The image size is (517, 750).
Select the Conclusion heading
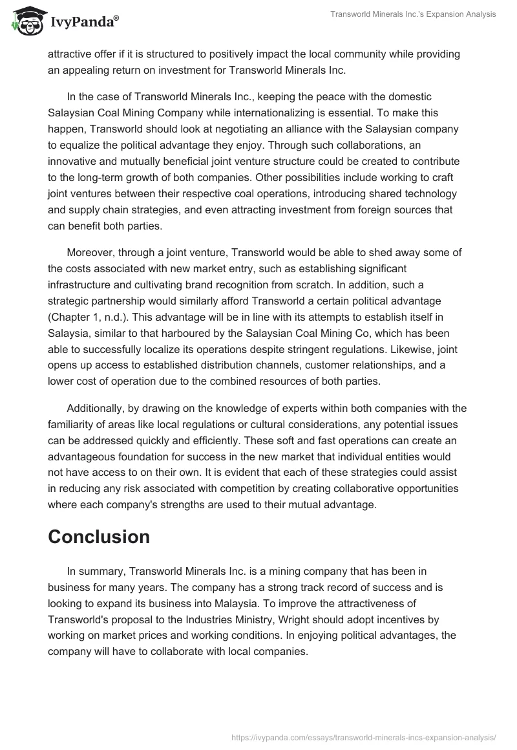(x=99, y=537)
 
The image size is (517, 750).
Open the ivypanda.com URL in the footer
(x=364, y=736)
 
